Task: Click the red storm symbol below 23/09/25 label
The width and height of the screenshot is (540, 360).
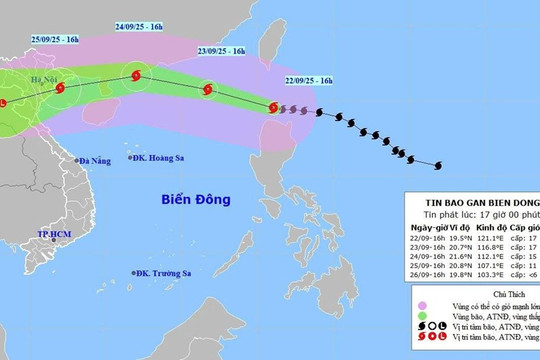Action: pos(207,89)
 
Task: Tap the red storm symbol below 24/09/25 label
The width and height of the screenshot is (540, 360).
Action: pos(137,74)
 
